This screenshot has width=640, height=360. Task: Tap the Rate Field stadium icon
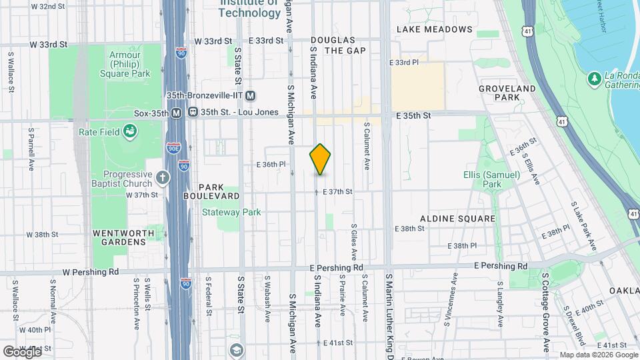[x=129, y=132]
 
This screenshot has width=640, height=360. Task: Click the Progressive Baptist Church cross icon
[x=163, y=177]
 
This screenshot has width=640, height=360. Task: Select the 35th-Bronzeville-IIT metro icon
[x=251, y=95]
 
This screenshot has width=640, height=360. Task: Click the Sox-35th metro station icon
[x=177, y=113]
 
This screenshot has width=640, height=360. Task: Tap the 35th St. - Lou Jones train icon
[x=193, y=113]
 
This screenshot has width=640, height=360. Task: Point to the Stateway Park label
[x=232, y=213]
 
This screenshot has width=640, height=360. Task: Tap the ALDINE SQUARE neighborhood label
[x=457, y=219]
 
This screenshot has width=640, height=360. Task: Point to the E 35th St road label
[x=413, y=115]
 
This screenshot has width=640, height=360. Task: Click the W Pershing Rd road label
[x=91, y=272]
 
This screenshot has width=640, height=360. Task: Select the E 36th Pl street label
[x=271, y=164]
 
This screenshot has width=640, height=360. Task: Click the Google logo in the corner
[x=23, y=351]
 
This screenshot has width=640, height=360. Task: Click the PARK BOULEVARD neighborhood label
[x=219, y=191]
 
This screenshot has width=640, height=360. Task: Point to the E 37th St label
[x=337, y=191]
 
